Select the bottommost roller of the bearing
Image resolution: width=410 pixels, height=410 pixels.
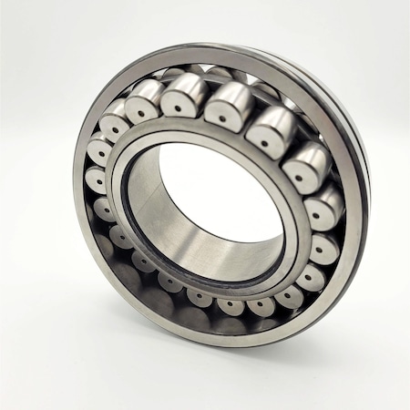pos(228,306)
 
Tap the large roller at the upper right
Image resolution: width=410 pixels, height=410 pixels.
pos(269,128)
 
